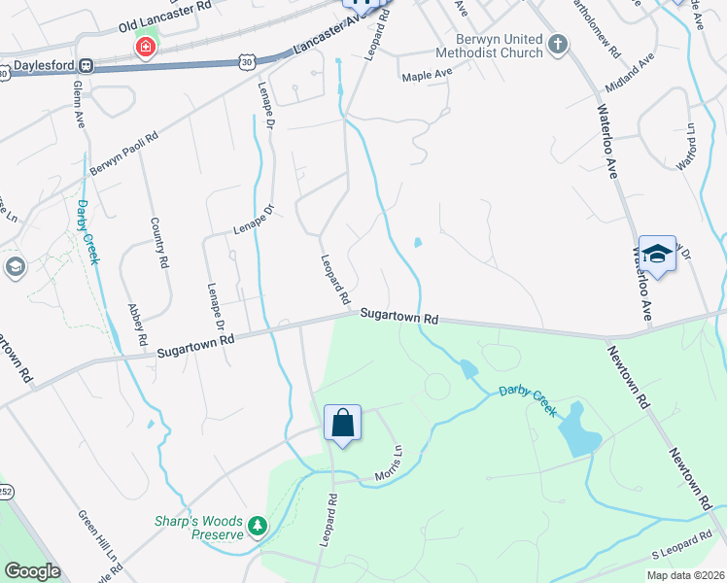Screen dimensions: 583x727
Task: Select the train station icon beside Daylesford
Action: (x=87, y=66)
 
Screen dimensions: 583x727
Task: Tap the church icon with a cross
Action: (x=558, y=44)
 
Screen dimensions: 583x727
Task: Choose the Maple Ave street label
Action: (x=428, y=74)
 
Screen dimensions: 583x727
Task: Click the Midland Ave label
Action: (x=629, y=74)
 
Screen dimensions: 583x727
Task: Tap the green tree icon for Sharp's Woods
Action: (x=257, y=527)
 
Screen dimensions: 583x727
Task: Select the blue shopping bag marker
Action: (x=342, y=424)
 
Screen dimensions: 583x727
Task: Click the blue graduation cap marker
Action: (x=657, y=255)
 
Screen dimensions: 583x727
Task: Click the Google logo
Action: (x=32, y=571)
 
